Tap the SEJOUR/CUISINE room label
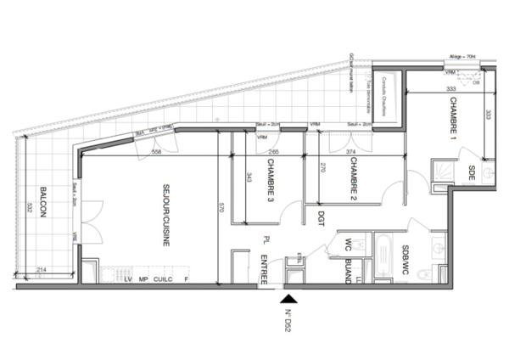click(x=160, y=216)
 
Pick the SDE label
click(x=472, y=174)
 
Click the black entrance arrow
click(x=290, y=298)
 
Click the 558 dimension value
click(x=156, y=152)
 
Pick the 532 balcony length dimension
click(x=29, y=207)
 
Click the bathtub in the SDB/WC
click(x=383, y=260)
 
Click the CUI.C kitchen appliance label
click(x=162, y=278)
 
